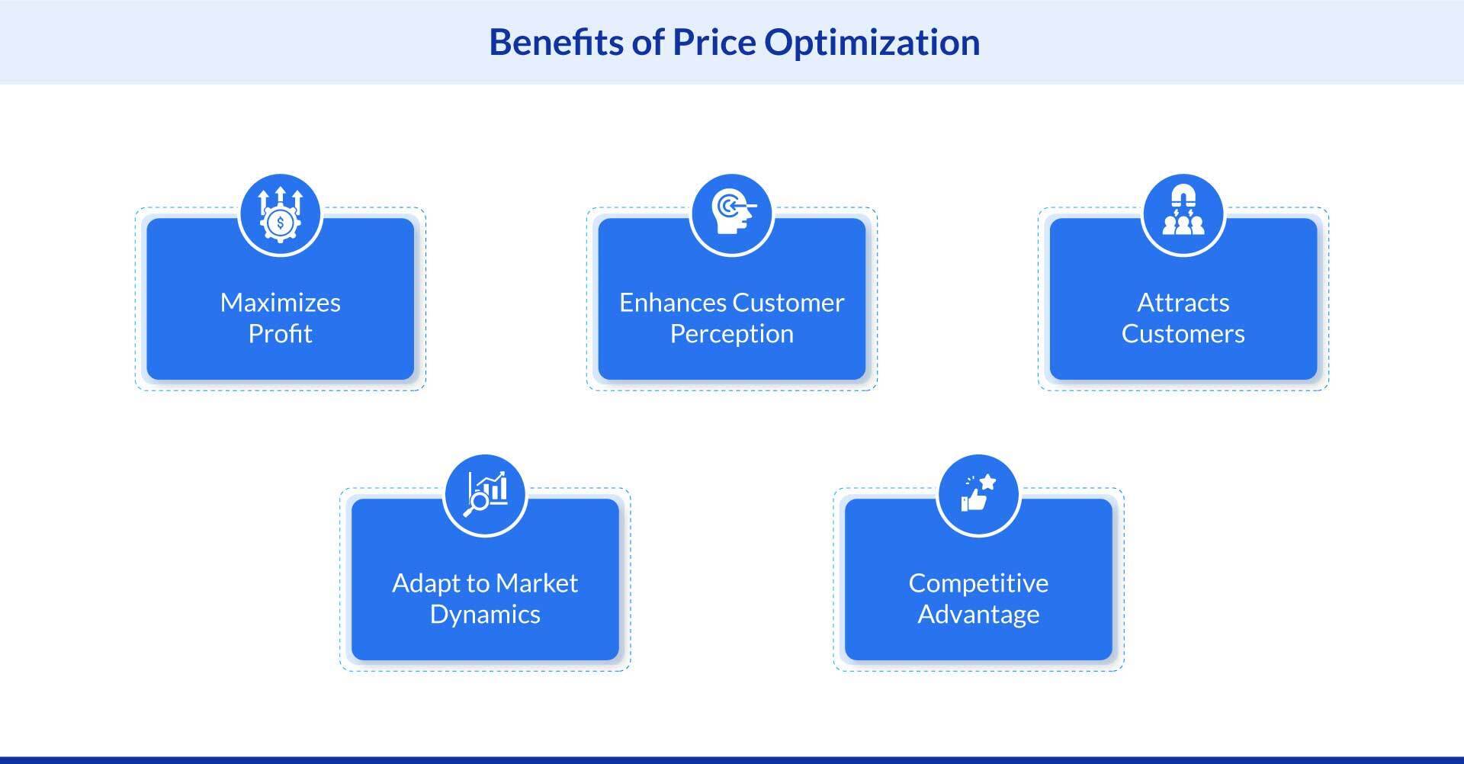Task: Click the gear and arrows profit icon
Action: (281, 214)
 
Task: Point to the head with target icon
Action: (732, 214)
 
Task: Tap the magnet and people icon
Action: (1183, 214)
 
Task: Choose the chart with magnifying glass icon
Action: (485, 495)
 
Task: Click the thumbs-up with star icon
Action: (978, 495)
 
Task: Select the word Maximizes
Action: (280, 303)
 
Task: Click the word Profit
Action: (280, 334)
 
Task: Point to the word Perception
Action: (732, 334)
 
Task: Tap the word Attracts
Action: (1183, 303)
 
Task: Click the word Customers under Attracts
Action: (1183, 334)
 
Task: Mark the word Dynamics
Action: (485, 615)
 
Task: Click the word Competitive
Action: (978, 583)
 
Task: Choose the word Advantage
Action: (978, 615)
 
